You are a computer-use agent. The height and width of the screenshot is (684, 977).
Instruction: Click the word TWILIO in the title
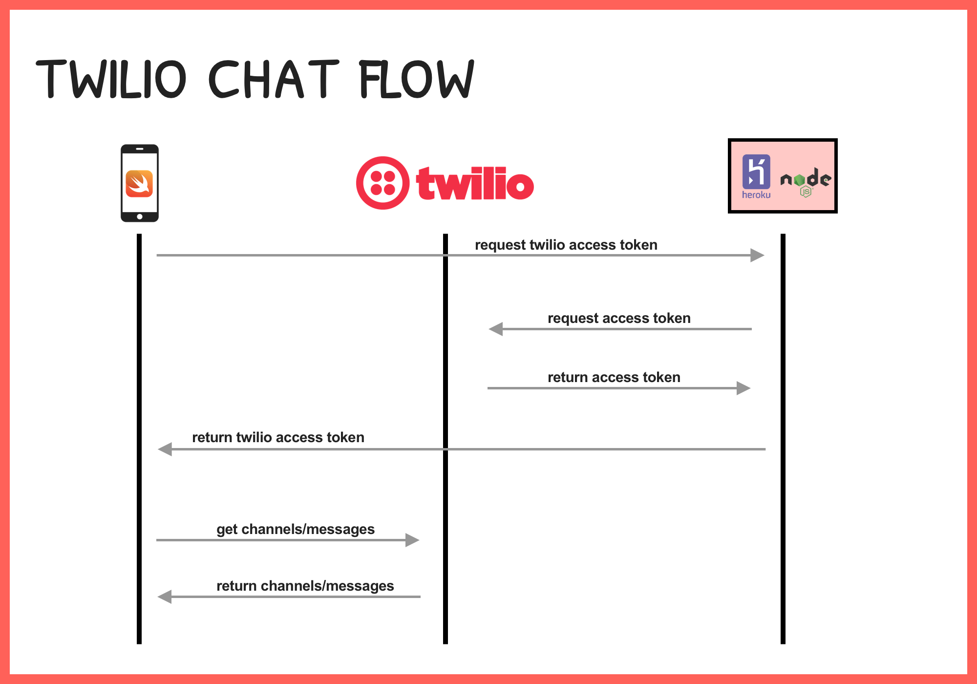(x=111, y=79)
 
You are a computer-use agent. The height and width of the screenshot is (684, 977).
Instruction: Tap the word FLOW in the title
(x=416, y=79)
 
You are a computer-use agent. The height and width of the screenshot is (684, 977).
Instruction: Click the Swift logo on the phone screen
(x=139, y=184)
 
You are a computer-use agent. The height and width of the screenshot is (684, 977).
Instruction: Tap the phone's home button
(x=140, y=216)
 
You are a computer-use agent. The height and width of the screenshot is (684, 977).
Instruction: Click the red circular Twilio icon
(x=383, y=183)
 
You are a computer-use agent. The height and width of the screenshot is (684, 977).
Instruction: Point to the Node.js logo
(x=806, y=182)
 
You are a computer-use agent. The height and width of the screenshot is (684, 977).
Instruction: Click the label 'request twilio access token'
(x=566, y=245)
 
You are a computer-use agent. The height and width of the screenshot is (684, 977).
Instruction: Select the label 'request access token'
(x=619, y=318)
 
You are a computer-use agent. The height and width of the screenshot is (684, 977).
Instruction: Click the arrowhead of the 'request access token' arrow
(x=496, y=329)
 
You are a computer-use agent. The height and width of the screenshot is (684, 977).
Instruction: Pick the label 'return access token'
(x=614, y=377)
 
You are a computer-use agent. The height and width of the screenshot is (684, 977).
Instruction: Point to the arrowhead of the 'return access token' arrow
(x=743, y=388)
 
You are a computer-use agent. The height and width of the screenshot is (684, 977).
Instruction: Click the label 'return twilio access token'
(x=278, y=437)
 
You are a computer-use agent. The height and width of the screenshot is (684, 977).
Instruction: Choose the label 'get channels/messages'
(x=296, y=529)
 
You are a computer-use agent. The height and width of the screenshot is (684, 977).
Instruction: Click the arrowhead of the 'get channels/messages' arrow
(x=412, y=540)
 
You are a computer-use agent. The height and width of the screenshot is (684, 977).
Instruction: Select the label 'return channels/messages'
(x=305, y=586)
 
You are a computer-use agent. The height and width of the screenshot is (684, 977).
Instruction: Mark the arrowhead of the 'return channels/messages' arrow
(x=165, y=597)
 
